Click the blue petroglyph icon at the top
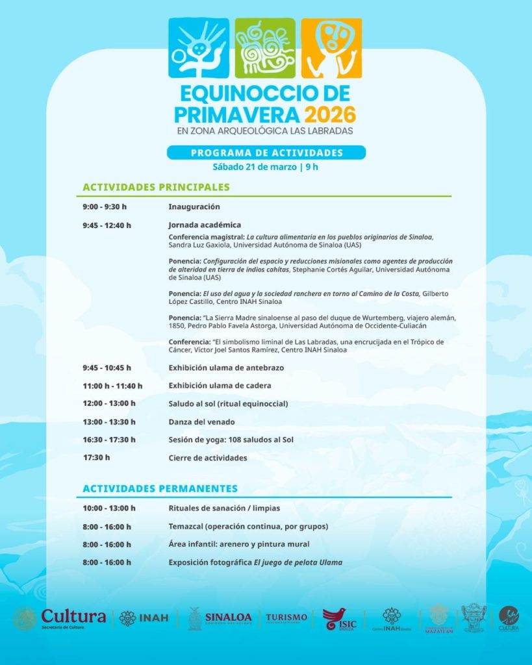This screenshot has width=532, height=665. click(x=199, y=47)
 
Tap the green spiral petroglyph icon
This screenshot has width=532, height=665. click(x=265, y=47)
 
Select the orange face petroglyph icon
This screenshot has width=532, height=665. click(x=331, y=47)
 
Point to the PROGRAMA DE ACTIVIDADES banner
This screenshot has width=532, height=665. click(x=266, y=153)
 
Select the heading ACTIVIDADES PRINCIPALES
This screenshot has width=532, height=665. click(x=157, y=187)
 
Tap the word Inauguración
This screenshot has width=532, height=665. click(x=194, y=207)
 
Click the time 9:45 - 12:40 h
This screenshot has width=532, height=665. click(x=107, y=225)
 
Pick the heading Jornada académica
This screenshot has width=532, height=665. click(x=205, y=225)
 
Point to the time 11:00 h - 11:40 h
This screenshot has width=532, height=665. click(x=112, y=386)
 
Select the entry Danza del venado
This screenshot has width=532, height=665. click(x=202, y=421)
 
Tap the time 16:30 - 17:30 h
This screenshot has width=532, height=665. click(x=109, y=440)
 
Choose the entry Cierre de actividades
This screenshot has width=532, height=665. click(x=208, y=458)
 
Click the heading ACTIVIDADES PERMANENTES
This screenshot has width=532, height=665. click(x=160, y=488)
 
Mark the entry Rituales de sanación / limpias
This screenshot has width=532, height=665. click(x=224, y=508)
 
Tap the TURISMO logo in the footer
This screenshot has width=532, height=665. click(x=286, y=618)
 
